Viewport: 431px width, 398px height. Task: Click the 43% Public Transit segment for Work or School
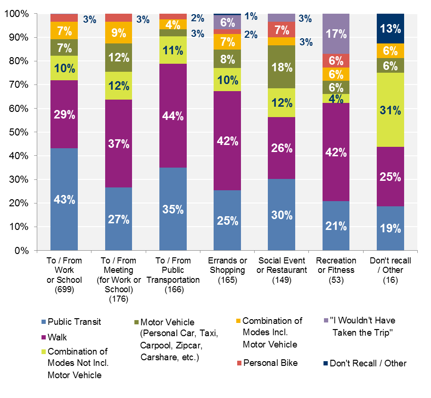point(64,199)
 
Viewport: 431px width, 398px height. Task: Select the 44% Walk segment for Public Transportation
point(173,116)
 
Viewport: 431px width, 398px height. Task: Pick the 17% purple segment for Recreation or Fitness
point(336,34)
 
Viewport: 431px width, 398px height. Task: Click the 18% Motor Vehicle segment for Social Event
point(282,67)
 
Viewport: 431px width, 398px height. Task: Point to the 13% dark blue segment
point(390,28)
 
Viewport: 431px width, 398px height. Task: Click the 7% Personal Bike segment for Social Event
point(282,29)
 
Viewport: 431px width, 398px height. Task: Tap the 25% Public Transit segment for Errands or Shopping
point(227,220)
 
